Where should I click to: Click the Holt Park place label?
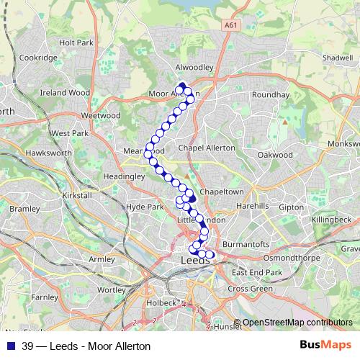pos(76,43)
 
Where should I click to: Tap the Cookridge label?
pos(37,58)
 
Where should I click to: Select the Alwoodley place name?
pos(194,66)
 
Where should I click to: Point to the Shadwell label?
pos(338,58)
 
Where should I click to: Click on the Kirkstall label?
pos(77,195)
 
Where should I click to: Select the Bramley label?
pos(25,209)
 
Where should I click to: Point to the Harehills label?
pos(251,206)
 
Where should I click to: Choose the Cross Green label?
pos(250,288)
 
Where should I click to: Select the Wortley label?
pos(111,289)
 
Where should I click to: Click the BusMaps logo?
pos(325,345)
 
